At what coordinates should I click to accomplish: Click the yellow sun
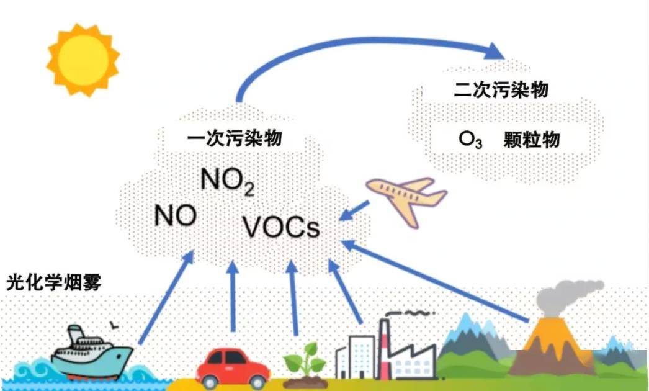coord(82,60)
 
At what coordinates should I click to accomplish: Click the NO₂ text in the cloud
coord(227,181)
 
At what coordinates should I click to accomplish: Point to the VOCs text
coord(281,227)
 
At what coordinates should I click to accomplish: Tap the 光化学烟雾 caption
coord(53,283)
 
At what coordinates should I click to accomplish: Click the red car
coord(233,367)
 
